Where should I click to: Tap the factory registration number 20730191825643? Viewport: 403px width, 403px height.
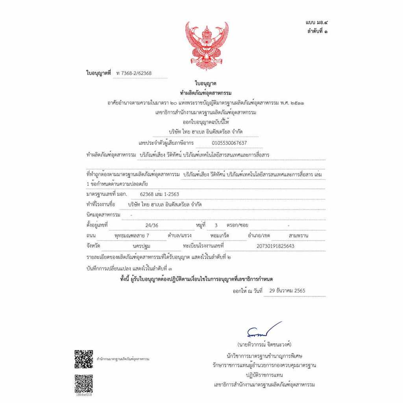[275, 246]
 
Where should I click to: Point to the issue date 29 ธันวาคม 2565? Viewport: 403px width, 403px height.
[287, 291]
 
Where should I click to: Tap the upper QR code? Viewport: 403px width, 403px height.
[84, 359]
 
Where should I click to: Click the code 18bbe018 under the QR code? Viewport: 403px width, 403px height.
[84, 395]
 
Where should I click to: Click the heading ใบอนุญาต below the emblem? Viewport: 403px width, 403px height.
[205, 83]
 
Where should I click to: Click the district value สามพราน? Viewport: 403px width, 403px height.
[298, 236]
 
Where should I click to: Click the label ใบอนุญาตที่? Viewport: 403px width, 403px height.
[99, 73]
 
